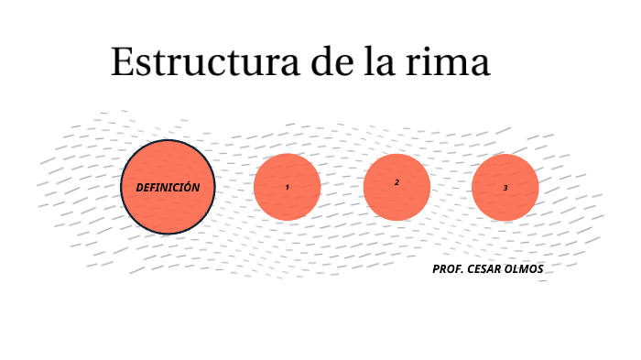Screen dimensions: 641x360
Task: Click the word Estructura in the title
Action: pos(205,62)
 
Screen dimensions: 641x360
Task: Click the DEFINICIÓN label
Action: pos(168,187)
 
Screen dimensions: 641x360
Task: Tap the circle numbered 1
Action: pos(287,203)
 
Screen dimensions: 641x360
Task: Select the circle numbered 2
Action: pos(397,203)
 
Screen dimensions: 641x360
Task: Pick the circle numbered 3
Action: pos(505,203)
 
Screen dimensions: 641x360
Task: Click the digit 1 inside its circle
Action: pos(287,187)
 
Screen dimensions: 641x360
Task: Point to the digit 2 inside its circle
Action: pos(397,182)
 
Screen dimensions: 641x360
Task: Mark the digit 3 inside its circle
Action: pos(505,188)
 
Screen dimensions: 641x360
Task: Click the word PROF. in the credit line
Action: pos(448,269)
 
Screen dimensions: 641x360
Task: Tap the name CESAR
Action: pos(486,269)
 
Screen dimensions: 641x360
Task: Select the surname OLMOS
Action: pos(527,269)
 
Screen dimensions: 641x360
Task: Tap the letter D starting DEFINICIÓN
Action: pos(139,187)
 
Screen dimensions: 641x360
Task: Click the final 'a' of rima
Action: pos(480,65)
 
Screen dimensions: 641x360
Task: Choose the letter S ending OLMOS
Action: pos(540,269)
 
